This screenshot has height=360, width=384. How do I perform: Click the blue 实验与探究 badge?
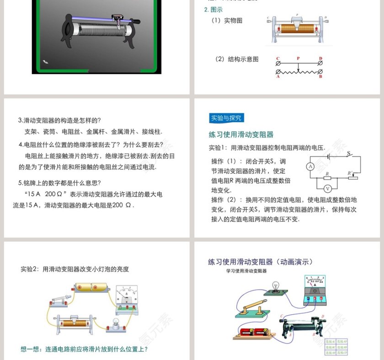click(225, 118)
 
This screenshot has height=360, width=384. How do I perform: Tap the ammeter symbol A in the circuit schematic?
click(309, 167)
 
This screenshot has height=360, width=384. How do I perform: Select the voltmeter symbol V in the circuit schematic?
click(327, 188)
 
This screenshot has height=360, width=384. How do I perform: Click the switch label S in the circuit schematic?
click(348, 154)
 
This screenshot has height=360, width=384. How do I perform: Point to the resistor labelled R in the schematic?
click(327, 178)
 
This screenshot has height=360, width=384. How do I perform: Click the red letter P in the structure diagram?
click(298, 58)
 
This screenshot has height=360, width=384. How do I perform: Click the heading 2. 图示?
click(213, 10)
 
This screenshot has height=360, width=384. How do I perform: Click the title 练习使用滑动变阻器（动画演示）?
click(260, 262)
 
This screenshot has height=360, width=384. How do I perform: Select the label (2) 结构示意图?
click(237, 59)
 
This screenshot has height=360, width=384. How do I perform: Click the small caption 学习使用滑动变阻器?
click(246, 271)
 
